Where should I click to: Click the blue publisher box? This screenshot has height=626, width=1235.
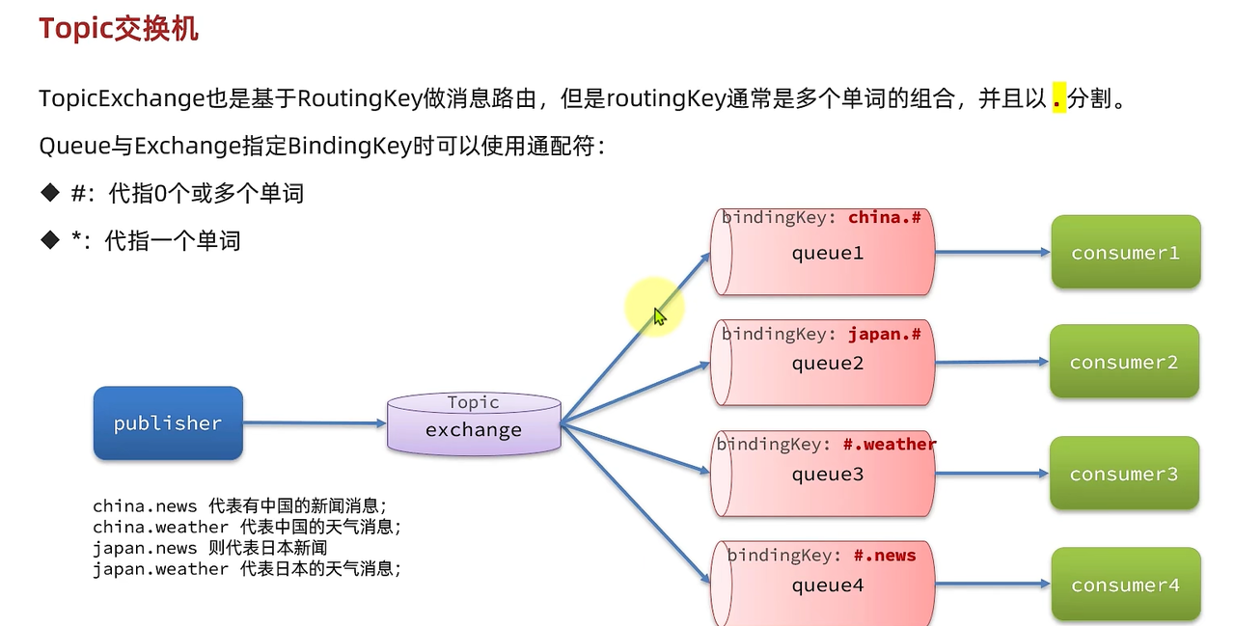click(x=168, y=423)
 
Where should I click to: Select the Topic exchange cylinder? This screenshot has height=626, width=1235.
click(x=474, y=423)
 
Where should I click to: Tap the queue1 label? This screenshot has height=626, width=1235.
click(x=827, y=254)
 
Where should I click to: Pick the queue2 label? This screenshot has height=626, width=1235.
click(x=827, y=364)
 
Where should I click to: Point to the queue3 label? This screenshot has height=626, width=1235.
click(x=827, y=475)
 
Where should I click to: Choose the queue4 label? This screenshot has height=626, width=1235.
click(x=827, y=585)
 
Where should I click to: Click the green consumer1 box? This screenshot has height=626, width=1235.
click(x=1125, y=253)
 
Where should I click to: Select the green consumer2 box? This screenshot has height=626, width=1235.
click(x=1124, y=363)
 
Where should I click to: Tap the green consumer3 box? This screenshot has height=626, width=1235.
click(x=1124, y=474)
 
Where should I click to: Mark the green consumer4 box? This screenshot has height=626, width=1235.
click(x=1125, y=585)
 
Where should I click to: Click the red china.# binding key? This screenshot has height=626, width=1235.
click(x=885, y=218)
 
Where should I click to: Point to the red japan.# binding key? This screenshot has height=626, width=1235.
click(x=885, y=335)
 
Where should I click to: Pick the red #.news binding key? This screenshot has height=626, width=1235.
click(x=885, y=555)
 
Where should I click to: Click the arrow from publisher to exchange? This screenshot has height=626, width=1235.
click(x=315, y=422)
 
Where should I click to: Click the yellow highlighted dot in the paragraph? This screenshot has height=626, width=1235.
click(x=1058, y=98)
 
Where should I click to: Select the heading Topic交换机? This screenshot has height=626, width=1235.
click(x=119, y=29)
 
